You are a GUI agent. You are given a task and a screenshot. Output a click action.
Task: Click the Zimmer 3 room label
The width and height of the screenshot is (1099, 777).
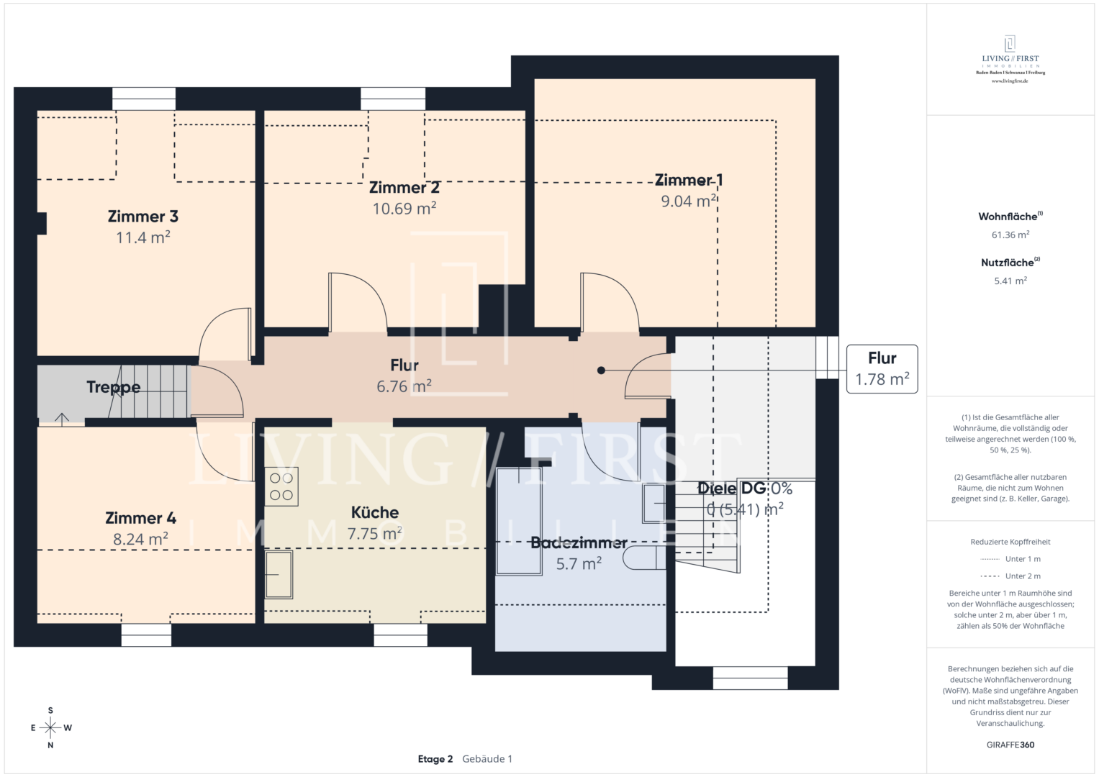143,217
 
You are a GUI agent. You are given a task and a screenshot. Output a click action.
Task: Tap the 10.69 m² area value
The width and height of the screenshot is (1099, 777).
404,209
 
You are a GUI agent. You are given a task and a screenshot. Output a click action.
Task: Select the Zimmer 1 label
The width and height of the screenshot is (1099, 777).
688,180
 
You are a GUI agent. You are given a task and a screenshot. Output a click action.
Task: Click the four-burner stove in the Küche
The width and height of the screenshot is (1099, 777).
281,486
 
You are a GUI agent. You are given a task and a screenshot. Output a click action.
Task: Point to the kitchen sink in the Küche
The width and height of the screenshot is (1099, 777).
279,574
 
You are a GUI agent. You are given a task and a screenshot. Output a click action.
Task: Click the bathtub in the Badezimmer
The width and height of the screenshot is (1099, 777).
519,521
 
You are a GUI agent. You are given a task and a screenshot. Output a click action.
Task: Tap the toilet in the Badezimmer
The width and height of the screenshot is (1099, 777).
643,558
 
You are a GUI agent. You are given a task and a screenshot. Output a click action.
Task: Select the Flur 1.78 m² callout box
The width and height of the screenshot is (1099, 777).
882,368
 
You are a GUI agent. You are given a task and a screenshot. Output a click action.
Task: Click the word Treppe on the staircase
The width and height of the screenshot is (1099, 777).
113,387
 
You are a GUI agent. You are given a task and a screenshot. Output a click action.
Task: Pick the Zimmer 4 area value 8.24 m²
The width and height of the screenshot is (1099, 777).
140,540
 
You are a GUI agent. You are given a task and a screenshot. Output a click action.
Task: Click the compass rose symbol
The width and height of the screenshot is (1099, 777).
50,728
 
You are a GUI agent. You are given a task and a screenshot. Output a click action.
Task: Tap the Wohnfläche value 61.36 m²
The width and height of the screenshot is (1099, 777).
1010,235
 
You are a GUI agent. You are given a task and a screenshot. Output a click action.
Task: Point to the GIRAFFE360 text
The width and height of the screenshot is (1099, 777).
1010,745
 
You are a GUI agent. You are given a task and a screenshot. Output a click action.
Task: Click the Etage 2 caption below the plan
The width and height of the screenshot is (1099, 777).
435,759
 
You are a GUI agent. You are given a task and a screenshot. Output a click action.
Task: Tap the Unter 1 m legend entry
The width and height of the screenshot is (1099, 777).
1022,559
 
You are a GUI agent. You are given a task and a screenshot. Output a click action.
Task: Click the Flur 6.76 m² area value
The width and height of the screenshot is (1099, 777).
404,386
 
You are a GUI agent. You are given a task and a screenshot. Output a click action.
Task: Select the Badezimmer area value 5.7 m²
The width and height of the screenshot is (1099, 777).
579,564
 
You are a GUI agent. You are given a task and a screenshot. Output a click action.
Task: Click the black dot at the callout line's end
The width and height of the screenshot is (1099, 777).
601,371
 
